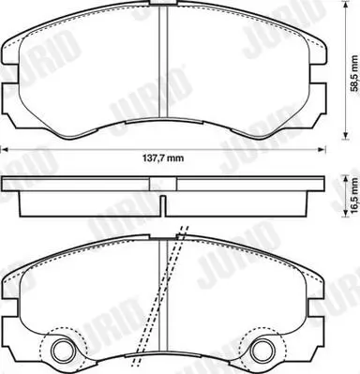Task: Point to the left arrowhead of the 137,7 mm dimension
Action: pos(4,148)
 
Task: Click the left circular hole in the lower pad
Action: pos(65,352)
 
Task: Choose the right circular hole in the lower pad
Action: pos(263,352)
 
